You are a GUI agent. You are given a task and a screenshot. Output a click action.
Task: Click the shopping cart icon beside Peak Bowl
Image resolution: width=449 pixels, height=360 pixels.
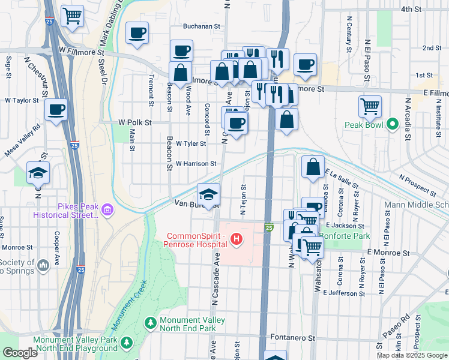[x=370, y=107]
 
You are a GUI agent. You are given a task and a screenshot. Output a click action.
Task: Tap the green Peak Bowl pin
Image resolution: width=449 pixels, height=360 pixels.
[x=393, y=125]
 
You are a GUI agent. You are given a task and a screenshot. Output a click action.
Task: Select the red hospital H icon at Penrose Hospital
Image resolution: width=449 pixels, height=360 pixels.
[x=237, y=240]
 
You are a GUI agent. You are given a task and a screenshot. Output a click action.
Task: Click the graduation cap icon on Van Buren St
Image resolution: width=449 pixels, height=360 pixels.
[x=208, y=194]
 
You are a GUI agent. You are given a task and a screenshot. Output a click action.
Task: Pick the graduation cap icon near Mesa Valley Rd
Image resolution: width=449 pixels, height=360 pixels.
[x=38, y=173]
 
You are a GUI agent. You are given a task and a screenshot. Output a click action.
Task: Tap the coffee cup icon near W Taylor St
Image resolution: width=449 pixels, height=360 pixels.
[x=56, y=110]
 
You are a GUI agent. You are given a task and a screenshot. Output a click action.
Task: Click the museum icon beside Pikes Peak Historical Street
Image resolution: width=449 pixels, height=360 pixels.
[x=107, y=209]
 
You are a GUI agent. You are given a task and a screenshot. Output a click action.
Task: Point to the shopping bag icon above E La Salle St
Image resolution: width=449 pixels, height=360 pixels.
[x=313, y=167]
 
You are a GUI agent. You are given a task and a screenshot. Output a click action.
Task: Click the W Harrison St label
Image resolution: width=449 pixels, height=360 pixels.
[x=196, y=163]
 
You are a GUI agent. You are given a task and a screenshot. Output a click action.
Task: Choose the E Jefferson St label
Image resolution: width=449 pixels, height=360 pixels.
[x=344, y=293]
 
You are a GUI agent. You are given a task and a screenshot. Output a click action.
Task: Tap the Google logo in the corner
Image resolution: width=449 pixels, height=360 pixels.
[x=20, y=353]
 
